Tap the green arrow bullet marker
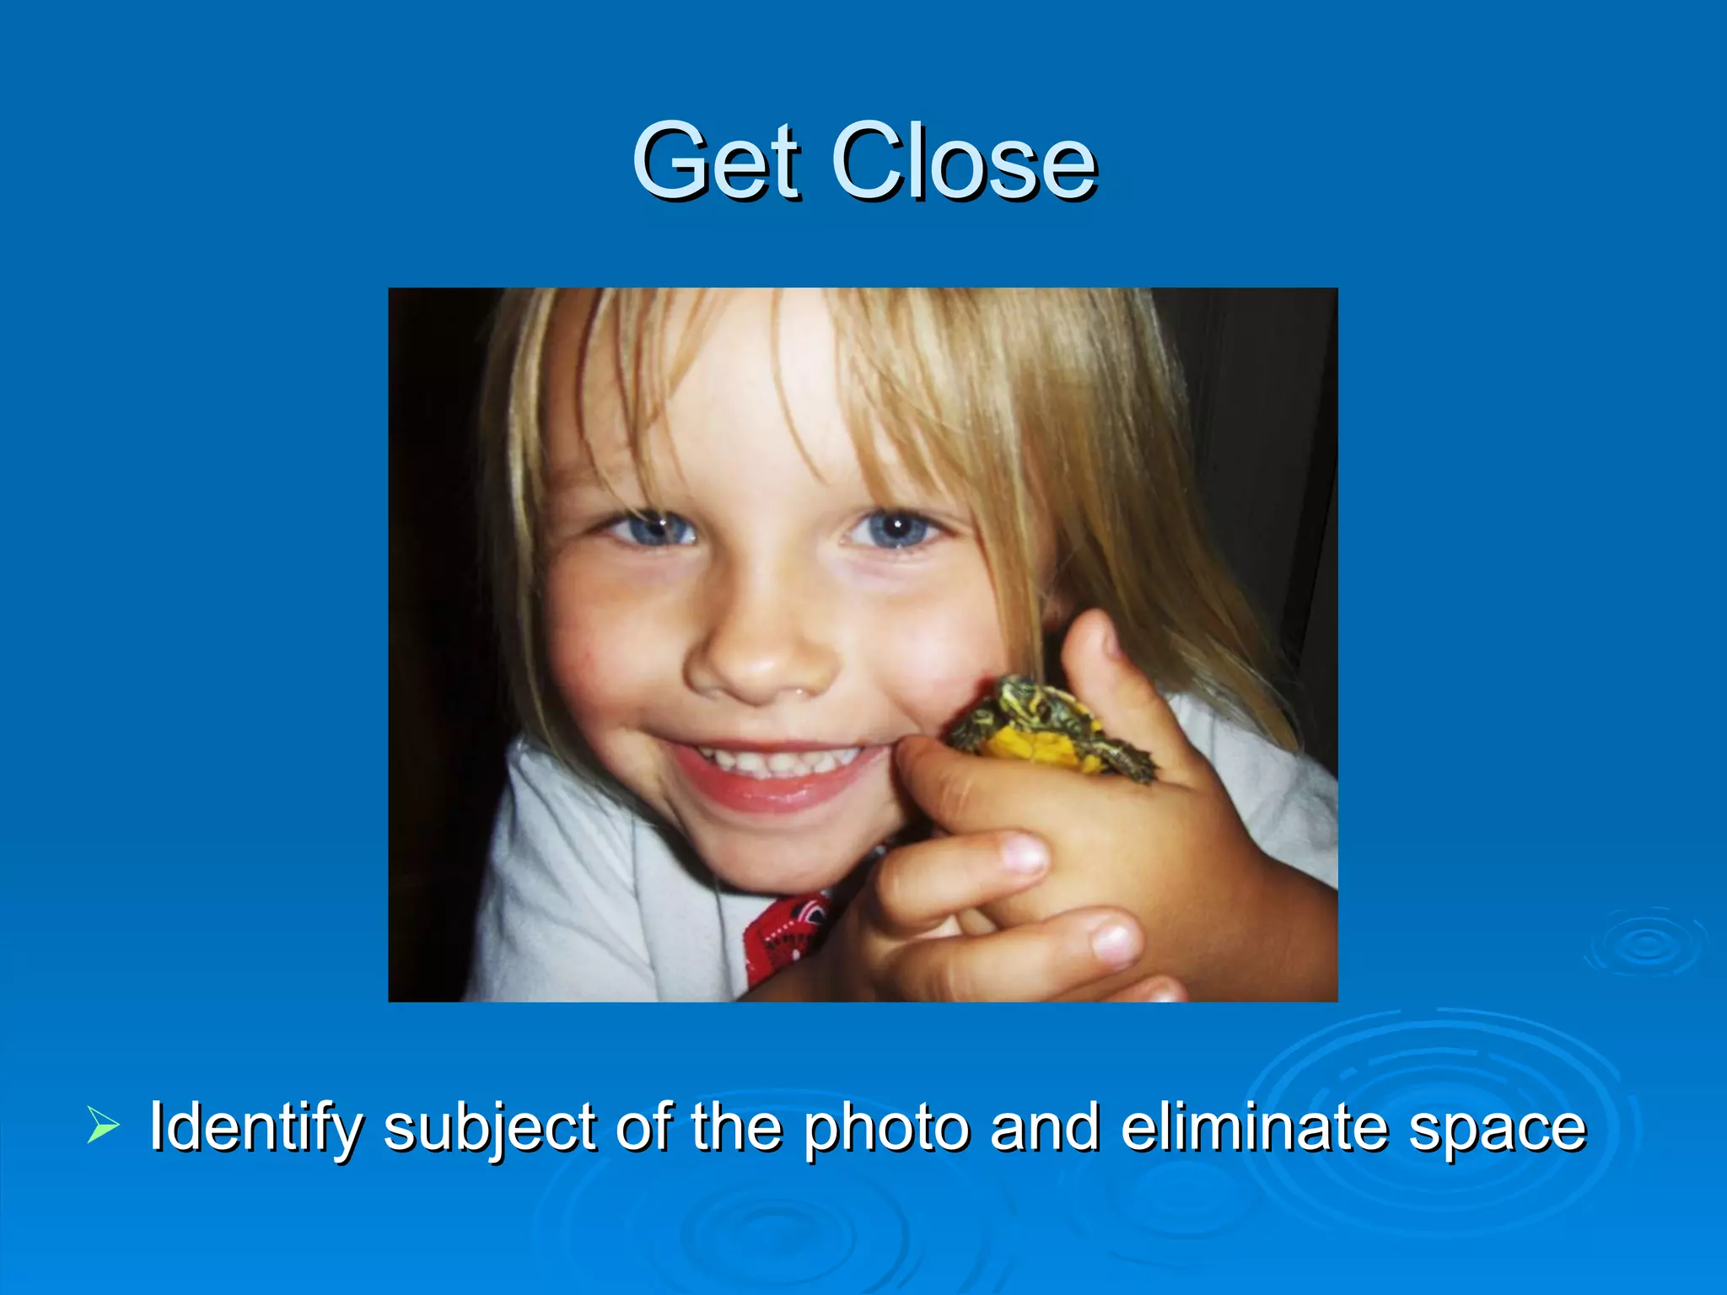(x=102, y=1126)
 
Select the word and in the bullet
(x=1045, y=1126)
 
